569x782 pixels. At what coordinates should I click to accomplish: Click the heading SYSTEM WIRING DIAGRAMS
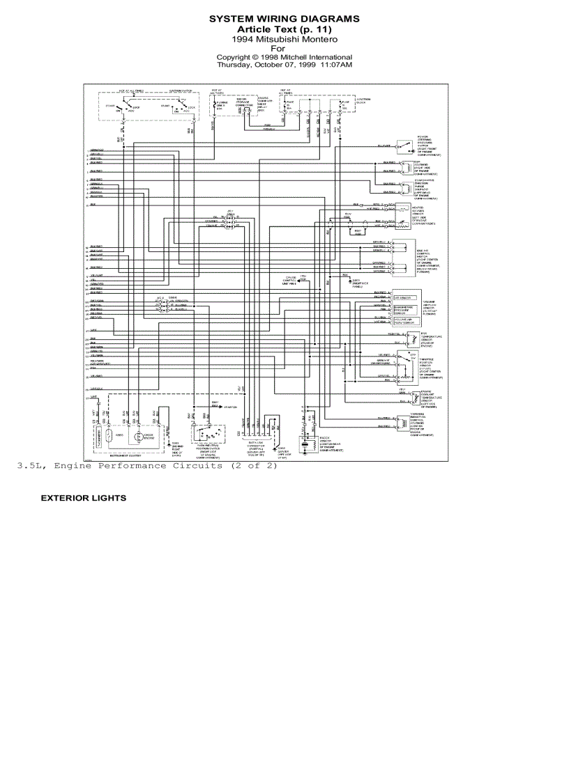click(284, 19)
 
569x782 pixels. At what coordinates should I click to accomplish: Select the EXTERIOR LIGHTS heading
click(84, 499)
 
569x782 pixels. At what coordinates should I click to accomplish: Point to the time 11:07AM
click(336, 65)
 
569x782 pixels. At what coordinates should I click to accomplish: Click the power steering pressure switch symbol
click(402, 146)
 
